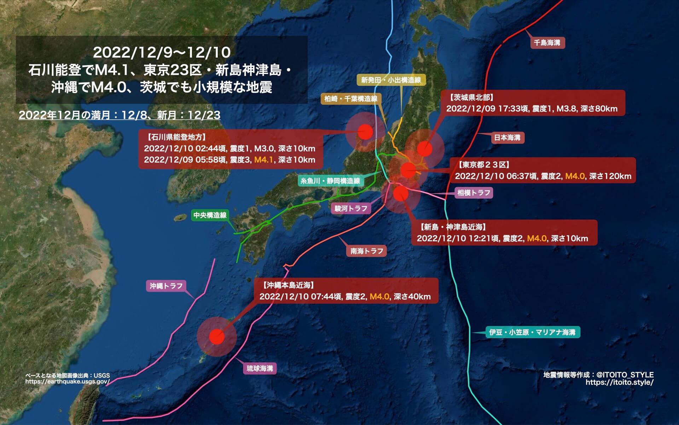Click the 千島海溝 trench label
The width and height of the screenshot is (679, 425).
[547, 43]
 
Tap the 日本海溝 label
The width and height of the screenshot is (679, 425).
[507, 137]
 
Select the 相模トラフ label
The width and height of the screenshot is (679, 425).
[474, 193]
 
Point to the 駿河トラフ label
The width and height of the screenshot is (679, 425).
[351, 208]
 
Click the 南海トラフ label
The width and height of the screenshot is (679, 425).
[367, 251]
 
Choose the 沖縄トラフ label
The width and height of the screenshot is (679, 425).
[166, 286]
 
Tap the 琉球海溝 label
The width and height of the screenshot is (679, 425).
[260, 368]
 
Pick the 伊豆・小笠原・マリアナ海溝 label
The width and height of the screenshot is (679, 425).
[532, 332]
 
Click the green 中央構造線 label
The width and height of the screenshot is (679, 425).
[210, 215]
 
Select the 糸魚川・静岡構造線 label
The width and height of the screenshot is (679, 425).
[330, 181]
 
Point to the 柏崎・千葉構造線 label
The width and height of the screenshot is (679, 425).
[350, 99]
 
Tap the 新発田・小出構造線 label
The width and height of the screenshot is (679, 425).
[391, 80]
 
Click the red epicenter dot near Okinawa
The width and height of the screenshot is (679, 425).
[217, 336]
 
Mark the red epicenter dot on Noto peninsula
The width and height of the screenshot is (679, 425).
[365, 132]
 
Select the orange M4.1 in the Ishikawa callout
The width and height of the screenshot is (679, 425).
[263, 160]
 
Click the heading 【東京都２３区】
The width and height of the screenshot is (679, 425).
[484, 165]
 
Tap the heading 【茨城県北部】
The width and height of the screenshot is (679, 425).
[471, 97]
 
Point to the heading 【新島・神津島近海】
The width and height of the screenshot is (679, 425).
[453, 227]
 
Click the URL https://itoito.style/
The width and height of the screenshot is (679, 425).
[619, 382]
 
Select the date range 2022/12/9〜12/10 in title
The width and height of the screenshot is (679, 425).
[162, 52]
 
